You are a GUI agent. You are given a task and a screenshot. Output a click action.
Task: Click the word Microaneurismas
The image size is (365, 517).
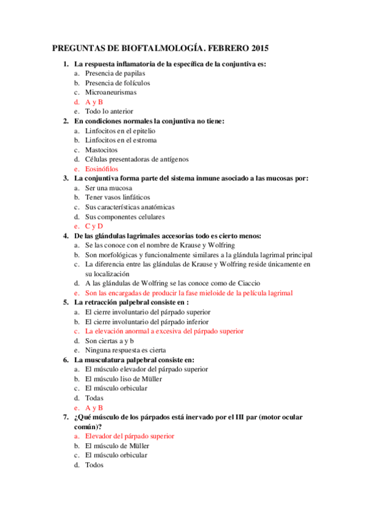[x=111, y=93]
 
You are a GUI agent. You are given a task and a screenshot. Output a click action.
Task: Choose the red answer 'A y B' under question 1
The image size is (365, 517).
[x=94, y=102]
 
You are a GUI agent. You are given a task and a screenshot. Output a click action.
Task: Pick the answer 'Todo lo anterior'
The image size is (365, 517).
[x=109, y=112]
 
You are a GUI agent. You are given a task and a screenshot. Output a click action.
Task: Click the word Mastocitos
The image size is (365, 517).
[x=102, y=149]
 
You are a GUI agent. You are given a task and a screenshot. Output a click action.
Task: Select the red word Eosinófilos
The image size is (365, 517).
[x=102, y=169]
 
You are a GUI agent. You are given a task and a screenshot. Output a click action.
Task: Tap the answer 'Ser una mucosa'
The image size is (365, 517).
[x=108, y=188]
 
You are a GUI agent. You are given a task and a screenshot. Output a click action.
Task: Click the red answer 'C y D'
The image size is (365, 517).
[x=94, y=226]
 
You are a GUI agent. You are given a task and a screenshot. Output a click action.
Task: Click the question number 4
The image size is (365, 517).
[x=65, y=235]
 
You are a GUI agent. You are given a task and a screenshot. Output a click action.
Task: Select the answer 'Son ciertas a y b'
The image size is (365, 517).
[x=112, y=341]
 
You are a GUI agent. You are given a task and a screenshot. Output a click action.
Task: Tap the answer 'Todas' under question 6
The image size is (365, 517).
[x=94, y=398]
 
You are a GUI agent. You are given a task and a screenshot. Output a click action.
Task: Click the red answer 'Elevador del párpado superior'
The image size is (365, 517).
[x=130, y=436]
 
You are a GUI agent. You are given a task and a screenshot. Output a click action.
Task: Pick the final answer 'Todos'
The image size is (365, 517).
[x=94, y=465]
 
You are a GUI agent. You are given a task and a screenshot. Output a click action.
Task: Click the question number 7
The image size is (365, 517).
[x=65, y=417]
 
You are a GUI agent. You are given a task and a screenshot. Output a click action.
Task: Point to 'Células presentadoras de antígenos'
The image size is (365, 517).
[x=136, y=159]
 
